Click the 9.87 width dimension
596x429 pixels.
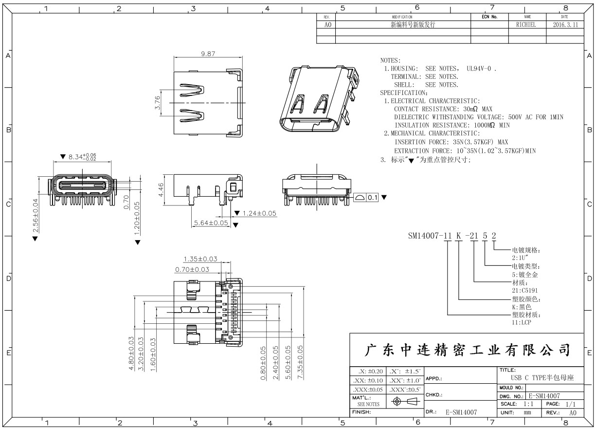(208, 54)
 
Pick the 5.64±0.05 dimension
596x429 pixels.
(211, 223)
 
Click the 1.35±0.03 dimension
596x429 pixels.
(200, 259)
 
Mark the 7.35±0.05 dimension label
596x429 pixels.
(300, 363)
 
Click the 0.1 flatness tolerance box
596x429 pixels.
(372, 198)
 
